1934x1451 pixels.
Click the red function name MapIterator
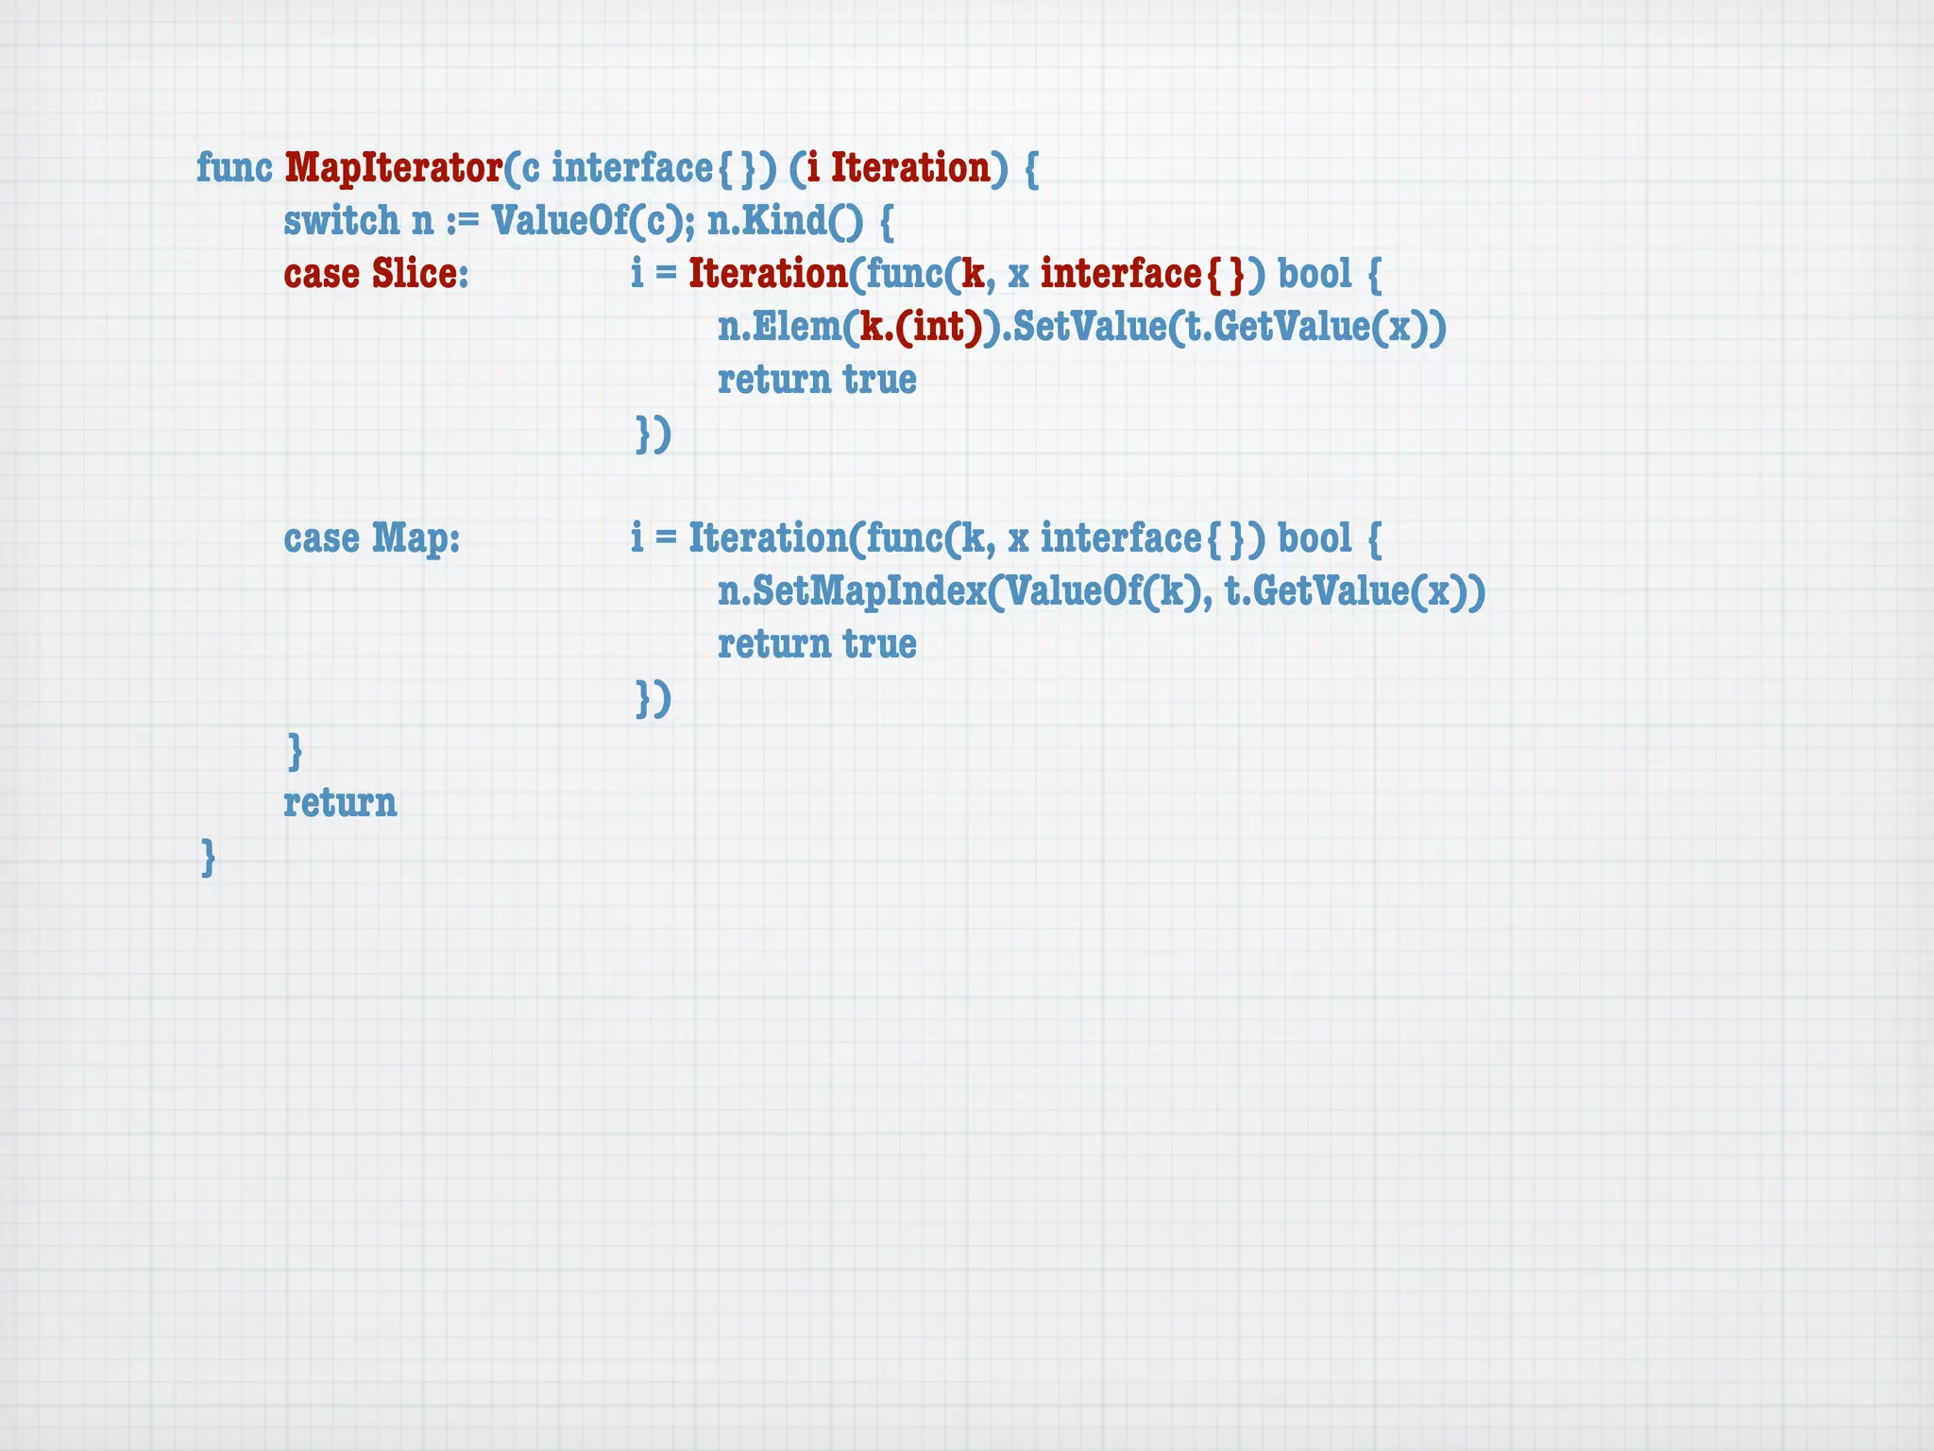click(393, 168)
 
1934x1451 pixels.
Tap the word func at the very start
click(234, 168)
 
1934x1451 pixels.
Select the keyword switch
click(342, 221)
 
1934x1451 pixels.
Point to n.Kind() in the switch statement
click(785, 221)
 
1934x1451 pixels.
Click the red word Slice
click(415, 274)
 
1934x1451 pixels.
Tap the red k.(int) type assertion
click(921, 327)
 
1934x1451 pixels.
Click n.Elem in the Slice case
click(779, 327)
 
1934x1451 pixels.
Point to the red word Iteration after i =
click(768, 274)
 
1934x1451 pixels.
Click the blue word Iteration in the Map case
click(768, 538)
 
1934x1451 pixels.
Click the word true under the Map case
click(879, 644)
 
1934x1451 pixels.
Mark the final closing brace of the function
click(209, 858)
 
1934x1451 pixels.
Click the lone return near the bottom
click(340, 803)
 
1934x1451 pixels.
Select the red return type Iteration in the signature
click(910, 168)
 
